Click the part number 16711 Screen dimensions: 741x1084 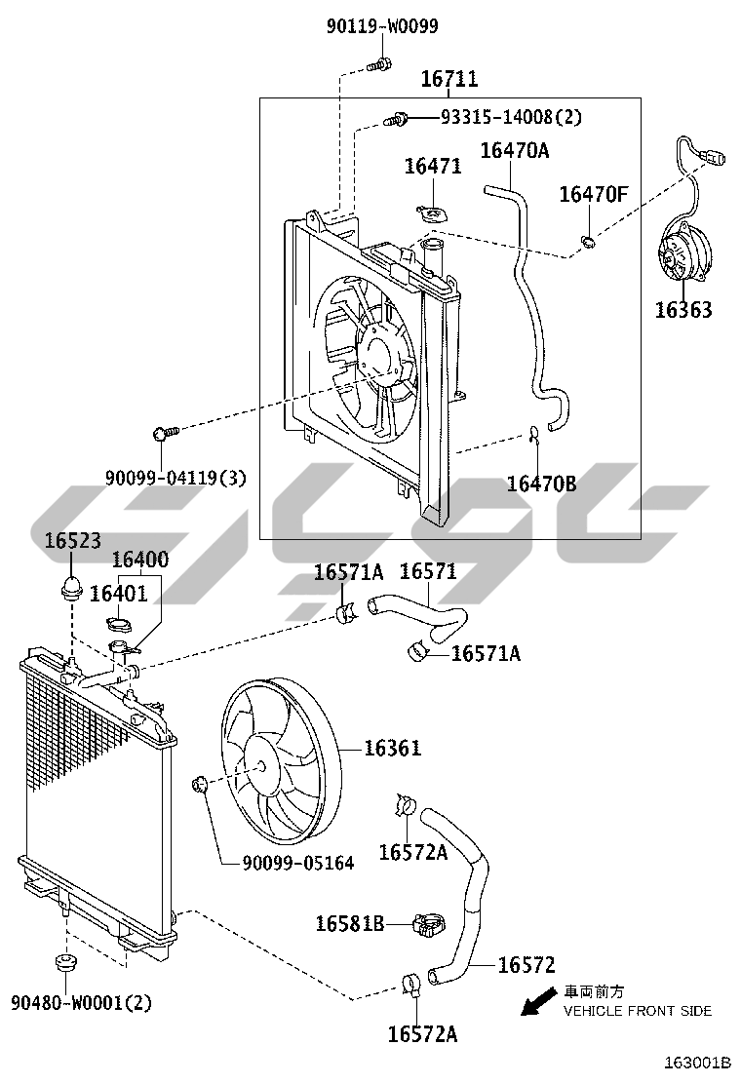pos(449,79)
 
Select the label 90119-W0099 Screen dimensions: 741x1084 pos(382,26)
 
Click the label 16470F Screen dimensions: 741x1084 pos(593,195)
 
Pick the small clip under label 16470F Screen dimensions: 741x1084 pos(588,242)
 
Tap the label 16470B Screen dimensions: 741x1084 pos(541,484)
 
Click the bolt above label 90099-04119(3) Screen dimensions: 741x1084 pos(165,433)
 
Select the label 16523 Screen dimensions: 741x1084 pos(72,540)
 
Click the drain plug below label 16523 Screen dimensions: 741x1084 pos(71,588)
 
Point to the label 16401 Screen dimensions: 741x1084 pos(118,593)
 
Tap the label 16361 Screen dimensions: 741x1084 pos(392,748)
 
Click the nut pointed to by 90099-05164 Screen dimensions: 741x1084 pos(200,784)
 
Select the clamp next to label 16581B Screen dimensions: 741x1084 pos(428,924)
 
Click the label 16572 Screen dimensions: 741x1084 pos(526,964)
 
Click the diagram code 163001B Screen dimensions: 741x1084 pos(697,1062)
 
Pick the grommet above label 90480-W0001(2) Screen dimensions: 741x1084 pos(65,962)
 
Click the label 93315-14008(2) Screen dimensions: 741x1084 pos(512,118)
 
